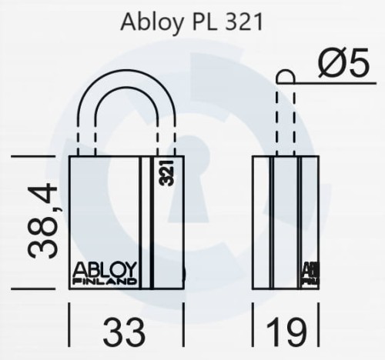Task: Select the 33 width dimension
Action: [124, 332]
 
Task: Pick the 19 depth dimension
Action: [286, 332]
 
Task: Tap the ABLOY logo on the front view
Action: [104, 269]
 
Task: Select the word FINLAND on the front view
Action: [104, 282]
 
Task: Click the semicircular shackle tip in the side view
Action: [285, 75]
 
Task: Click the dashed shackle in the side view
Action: [285, 123]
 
